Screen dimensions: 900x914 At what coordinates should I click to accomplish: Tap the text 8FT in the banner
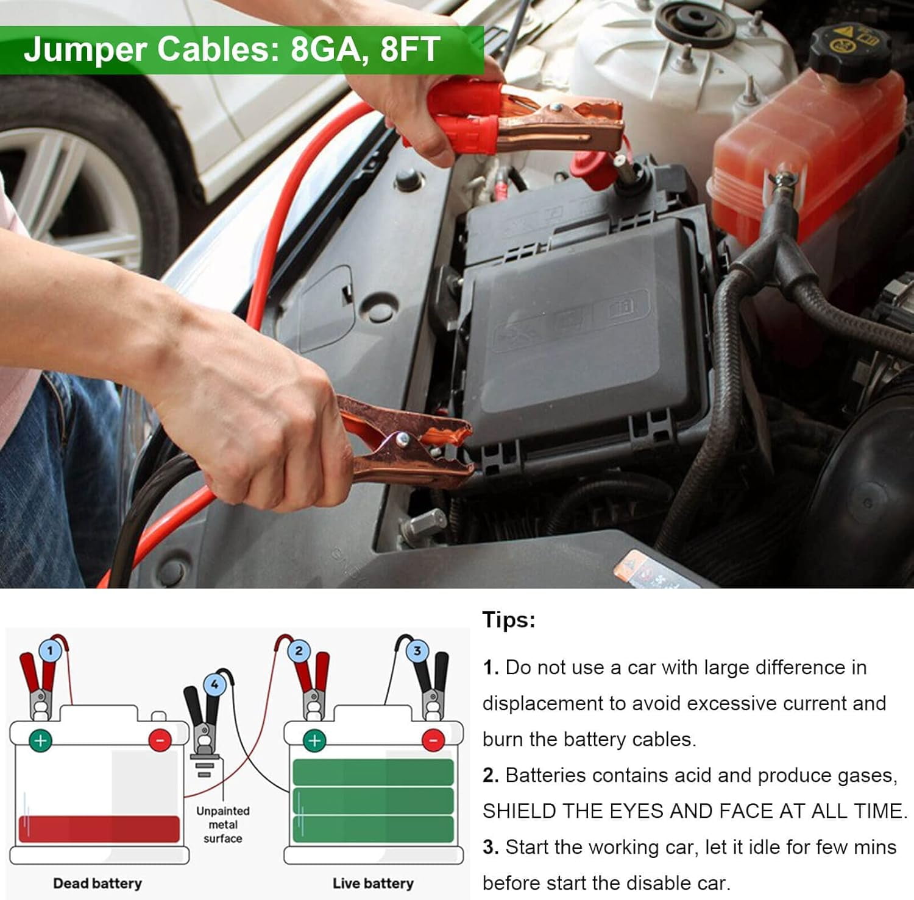coord(409,49)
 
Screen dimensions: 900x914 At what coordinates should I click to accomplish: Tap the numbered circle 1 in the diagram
coord(50,651)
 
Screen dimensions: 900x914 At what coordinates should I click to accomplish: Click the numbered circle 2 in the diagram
coord(299,651)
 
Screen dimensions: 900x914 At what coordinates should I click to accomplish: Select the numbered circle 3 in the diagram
coord(417,651)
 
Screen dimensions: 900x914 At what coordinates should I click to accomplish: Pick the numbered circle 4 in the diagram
coord(214,684)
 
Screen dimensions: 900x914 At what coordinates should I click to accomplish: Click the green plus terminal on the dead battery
coord(41,740)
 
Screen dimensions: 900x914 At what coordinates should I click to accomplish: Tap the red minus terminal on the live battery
coord(433,740)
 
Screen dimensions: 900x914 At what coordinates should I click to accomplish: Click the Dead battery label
coord(97,883)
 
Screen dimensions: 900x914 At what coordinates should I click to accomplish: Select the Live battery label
coord(373,883)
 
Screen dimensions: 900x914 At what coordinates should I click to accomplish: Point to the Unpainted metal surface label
coord(222,824)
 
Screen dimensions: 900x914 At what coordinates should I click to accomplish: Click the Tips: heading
coord(509,620)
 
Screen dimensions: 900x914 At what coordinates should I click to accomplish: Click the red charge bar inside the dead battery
coord(99,829)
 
